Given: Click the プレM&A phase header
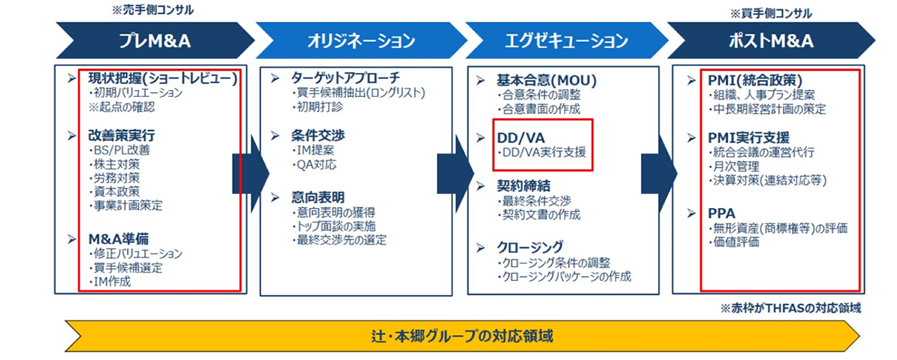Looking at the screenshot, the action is pyautogui.click(x=155, y=40).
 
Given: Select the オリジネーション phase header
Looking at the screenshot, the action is pyautogui.click(x=360, y=40).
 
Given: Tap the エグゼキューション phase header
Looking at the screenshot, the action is pyautogui.click(x=566, y=40).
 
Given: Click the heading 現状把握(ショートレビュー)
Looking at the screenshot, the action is pyautogui.click(x=162, y=78).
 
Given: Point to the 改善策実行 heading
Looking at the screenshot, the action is pyautogui.click(x=121, y=137).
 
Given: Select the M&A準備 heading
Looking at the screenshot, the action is pyautogui.click(x=118, y=239).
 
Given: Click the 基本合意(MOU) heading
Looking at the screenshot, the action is pyautogui.click(x=546, y=81).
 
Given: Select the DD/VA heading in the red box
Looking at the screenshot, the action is pyautogui.click(x=520, y=138).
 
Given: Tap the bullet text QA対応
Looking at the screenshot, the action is pyautogui.click(x=314, y=164).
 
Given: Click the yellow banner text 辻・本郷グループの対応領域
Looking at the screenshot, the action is pyautogui.click(x=462, y=335).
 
